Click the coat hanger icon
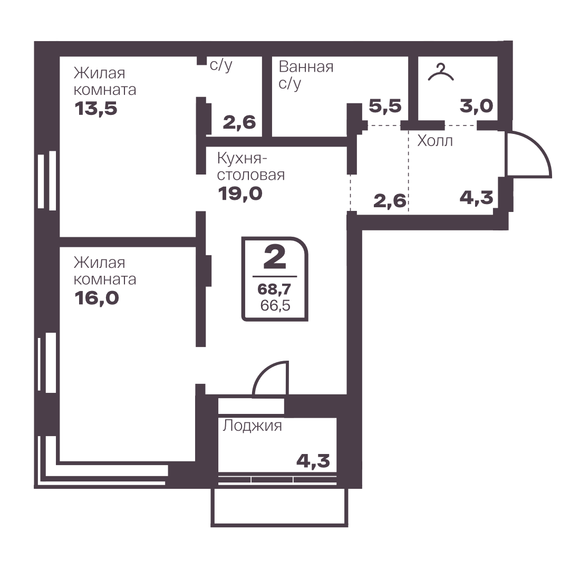coord(441,73)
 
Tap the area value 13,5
coord(96,108)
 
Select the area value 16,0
coord(96,298)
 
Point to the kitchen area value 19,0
coord(240,194)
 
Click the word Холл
coord(435,141)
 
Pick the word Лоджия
coord(252,426)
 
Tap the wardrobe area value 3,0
coord(476,106)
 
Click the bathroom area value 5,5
coord(385,106)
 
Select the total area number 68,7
coord(275,289)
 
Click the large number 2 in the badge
coord(275,256)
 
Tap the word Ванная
coord(306,67)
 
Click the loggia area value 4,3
coord(313,461)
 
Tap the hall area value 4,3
coord(477,198)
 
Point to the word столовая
coord(251,175)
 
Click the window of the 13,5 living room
coord(47,181)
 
